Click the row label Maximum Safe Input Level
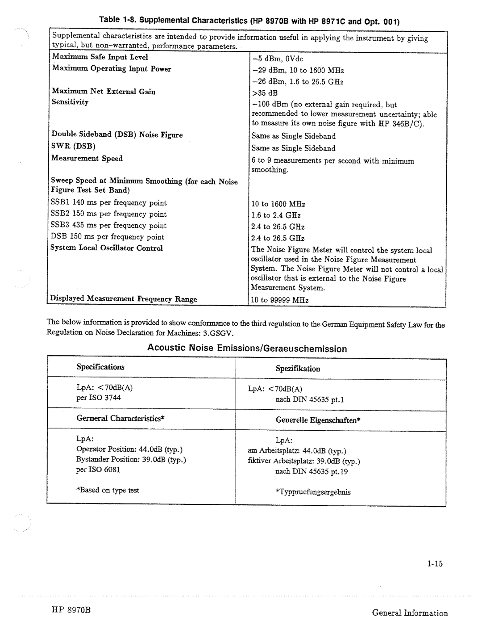(100, 57)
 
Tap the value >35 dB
(264, 93)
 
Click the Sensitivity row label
(70, 102)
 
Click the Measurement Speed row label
(87, 158)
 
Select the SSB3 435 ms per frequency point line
(108, 226)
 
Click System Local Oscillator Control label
(107, 248)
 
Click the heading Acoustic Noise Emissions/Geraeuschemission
(247, 348)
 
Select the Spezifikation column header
(298, 369)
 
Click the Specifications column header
(100, 367)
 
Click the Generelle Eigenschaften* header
(318, 420)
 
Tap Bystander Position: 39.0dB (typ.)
(131, 459)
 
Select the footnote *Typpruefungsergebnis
(312, 492)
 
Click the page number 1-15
(434, 564)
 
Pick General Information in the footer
(410, 613)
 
